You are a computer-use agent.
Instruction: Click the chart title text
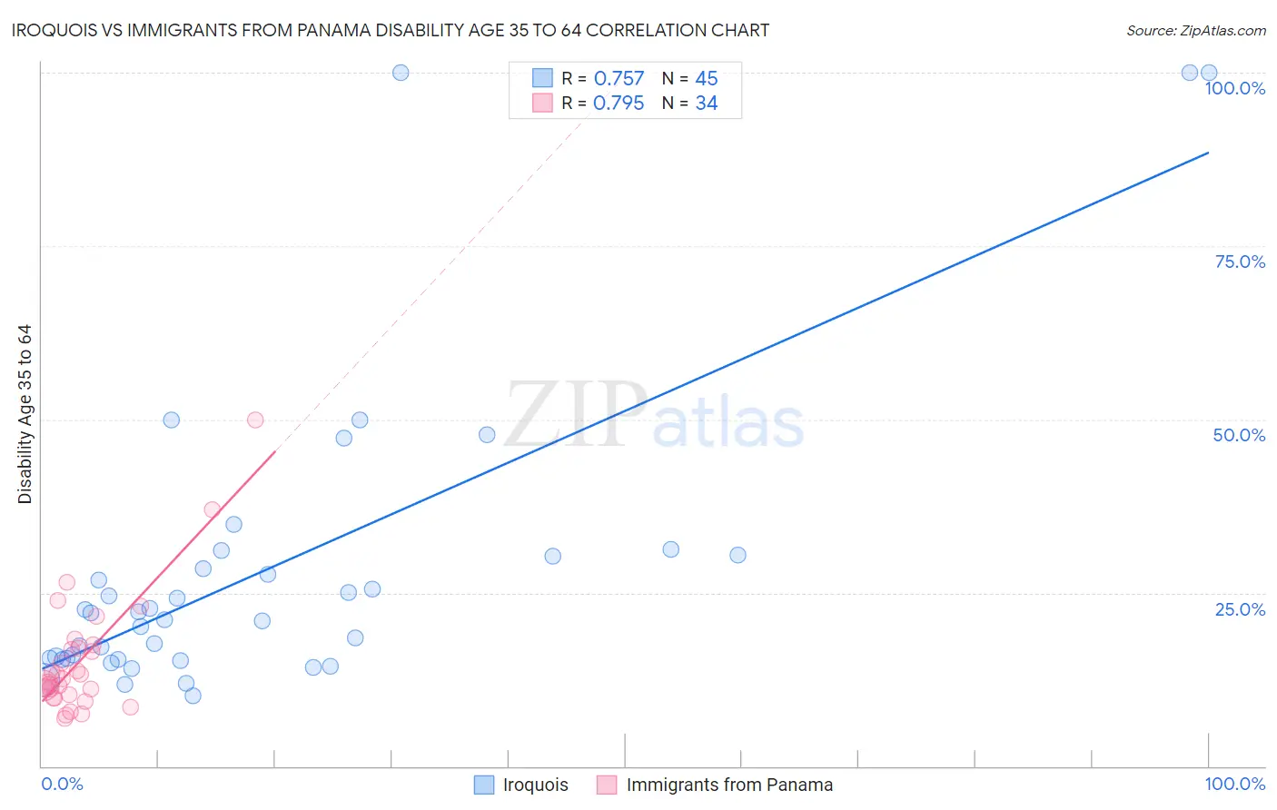[391, 30]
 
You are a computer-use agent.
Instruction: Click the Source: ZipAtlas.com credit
[1195, 30]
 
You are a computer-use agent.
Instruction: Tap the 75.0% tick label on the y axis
[1239, 262]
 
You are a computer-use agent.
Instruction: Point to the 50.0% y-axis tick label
[1239, 435]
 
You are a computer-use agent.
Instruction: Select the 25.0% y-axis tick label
[1239, 609]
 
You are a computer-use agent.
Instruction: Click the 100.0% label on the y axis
[1234, 88]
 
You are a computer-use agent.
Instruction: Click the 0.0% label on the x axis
[62, 784]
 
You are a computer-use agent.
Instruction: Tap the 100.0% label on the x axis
[1234, 784]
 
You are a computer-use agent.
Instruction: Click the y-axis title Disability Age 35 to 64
[25, 414]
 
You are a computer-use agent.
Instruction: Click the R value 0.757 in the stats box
[619, 79]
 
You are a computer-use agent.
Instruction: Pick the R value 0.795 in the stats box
[619, 104]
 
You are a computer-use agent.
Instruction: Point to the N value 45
[707, 79]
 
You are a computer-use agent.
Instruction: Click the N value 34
[707, 104]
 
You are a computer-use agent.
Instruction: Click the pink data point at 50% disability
[255, 420]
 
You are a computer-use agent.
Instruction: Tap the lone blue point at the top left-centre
[401, 73]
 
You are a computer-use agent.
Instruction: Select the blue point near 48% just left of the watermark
[487, 435]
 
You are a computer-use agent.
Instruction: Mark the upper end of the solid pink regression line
[274, 451]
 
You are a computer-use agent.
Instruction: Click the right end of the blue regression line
[1208, 153]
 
